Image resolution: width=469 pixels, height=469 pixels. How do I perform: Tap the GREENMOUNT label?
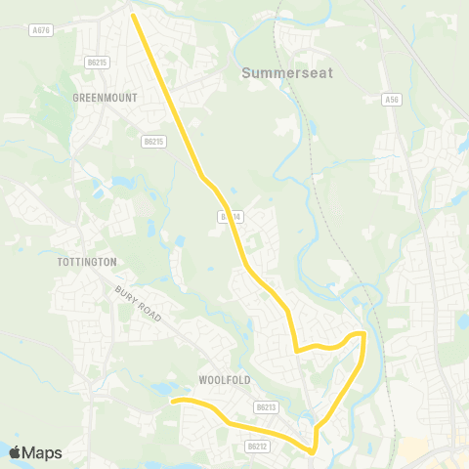click(x=105, y=98)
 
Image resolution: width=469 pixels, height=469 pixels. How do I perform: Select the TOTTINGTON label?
click(x=87, y=262)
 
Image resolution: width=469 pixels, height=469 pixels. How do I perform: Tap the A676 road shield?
click(x=39, y=29)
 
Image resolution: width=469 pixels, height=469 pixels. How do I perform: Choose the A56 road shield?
click(x=392, y=99)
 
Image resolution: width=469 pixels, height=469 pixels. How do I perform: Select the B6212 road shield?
click(x=257, y=446)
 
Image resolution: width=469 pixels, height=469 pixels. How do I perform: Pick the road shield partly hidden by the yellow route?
click(x=230, y=216)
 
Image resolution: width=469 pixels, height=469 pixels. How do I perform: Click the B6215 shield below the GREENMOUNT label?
click(x=153, y=142)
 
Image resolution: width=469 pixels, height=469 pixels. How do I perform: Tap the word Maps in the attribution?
click(x=42, y=452)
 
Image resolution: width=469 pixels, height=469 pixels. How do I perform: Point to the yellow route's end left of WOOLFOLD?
click(x=173, y=401)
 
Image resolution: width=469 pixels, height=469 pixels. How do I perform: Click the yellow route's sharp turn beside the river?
click(x=363, y=335)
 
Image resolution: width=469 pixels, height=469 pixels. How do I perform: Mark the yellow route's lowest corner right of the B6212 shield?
click(x=313, y=451)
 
